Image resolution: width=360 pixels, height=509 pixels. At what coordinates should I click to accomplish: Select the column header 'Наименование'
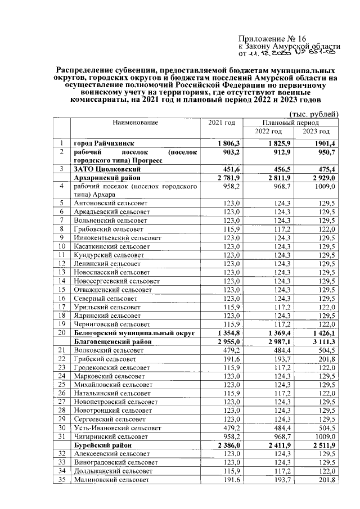coord(135,122)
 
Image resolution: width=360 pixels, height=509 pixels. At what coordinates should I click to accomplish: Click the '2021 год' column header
coord(222,122)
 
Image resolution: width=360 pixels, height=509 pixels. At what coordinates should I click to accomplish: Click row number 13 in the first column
coord(62,272)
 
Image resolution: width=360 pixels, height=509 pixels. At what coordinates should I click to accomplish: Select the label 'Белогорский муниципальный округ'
coord(134,333)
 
